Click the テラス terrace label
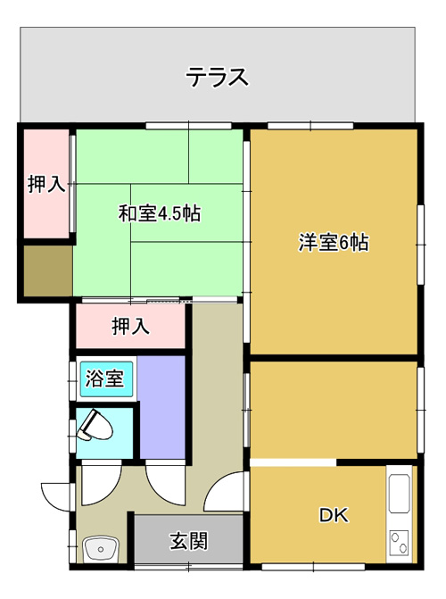click(217, 77)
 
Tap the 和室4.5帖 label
click(160, 213)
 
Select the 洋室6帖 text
click(334, 242)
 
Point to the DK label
click(334, 515)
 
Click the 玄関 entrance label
click(189, 541)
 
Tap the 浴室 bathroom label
click(104, 379)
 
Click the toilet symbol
click(95, 426)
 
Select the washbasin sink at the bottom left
click(101, 549)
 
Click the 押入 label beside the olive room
click(46, 185)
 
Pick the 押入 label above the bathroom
click(130, 327)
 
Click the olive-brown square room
click(48, 270)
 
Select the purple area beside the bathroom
click(161, 407)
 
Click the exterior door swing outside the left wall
click(57, 496)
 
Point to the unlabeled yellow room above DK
click(334, 410)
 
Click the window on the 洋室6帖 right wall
click(421, 245)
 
